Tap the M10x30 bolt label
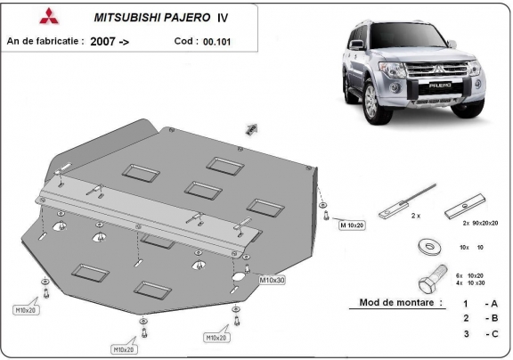coord(272,280)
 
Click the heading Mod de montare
coord(400,303)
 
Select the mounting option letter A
coord(489,303)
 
